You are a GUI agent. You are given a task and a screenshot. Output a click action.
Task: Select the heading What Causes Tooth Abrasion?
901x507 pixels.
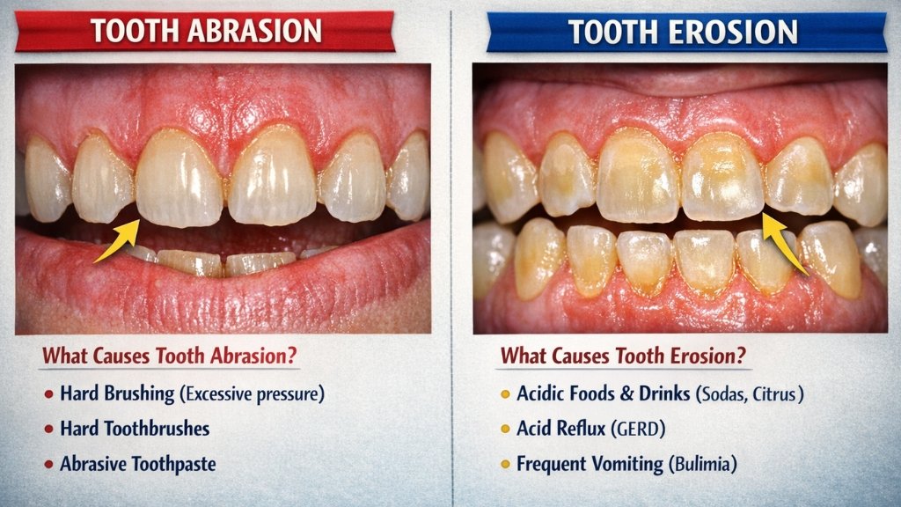[170, 356]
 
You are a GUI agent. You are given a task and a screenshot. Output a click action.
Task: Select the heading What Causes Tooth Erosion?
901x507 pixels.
[624, 356]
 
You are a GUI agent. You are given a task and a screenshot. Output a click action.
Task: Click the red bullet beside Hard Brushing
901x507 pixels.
[47, 394]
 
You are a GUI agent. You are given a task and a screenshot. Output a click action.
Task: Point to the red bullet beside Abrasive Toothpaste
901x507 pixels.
[47, 464]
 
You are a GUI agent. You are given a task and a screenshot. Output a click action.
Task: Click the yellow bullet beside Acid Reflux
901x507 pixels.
[505, 429]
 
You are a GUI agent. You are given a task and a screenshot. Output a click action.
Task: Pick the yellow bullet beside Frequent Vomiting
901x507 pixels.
[505, 464]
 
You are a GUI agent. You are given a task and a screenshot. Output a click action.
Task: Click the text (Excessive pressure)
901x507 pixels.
[252, 394]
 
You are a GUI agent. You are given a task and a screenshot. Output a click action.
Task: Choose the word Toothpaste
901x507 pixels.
[172, 464]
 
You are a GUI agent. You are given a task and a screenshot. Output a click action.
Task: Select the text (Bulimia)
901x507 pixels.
[701, 464]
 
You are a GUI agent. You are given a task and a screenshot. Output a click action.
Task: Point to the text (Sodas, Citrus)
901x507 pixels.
[750, 394]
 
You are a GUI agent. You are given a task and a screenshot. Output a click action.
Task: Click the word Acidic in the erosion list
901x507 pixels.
[542, 394]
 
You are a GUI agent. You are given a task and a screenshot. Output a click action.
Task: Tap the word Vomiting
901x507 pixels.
[625, 464]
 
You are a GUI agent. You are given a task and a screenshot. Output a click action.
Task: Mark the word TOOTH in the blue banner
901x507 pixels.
[612, 32]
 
